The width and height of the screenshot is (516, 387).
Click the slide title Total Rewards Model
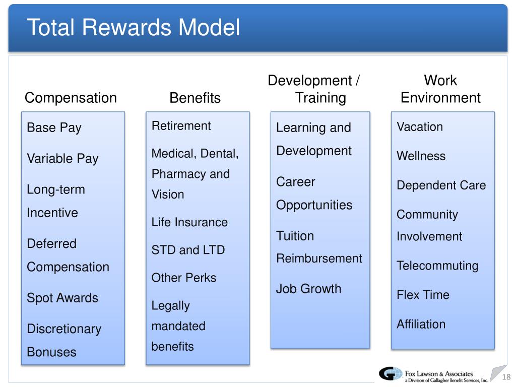[x=134, y=28]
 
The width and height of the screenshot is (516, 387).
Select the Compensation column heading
[x=71, y=98]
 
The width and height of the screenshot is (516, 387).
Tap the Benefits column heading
[x=195, y=98]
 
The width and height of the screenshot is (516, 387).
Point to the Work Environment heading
[x=440, y=89]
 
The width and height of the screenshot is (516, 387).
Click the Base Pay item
[x=54, y=128]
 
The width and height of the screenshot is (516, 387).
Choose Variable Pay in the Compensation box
[x=62, y=159]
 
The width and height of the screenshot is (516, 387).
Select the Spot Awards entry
[x=62, y=298]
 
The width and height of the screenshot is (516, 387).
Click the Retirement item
[x=181, y=126]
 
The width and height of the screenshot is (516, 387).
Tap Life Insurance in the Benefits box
[x=189, y=222]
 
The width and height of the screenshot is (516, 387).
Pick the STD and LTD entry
[x=188, y=250]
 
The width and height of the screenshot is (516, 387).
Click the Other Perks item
[x=183, y=278]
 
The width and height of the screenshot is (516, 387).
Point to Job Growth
[x=308, y=289]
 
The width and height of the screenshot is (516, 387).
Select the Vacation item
[x=420, y=127]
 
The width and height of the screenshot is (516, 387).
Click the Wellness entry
[x=421, y=156]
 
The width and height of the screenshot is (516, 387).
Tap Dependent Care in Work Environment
[x=441, y=185]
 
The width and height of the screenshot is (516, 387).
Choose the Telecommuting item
[x=437, y=266]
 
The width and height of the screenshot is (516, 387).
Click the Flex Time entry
[x=423, y=295]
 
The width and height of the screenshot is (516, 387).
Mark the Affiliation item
[x=421, y=324]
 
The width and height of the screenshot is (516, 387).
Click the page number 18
[x=506, y=377]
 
